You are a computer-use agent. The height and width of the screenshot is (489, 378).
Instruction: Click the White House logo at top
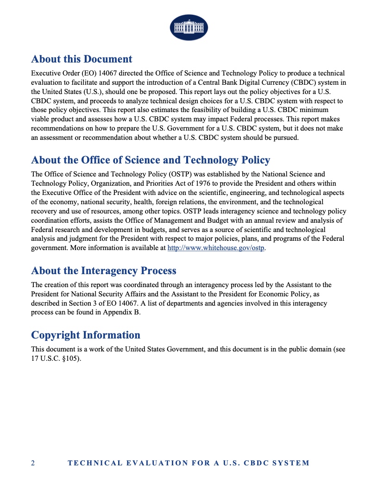[x=189, y=27]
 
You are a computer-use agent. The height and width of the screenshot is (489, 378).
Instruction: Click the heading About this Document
[x=82, y=59]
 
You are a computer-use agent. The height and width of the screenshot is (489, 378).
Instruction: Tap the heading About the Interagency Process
[x=103, y=271]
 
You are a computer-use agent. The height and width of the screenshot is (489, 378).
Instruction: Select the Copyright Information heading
[x=85, y=335]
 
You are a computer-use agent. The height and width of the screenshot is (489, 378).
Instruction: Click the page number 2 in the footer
[x=33, y=463]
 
